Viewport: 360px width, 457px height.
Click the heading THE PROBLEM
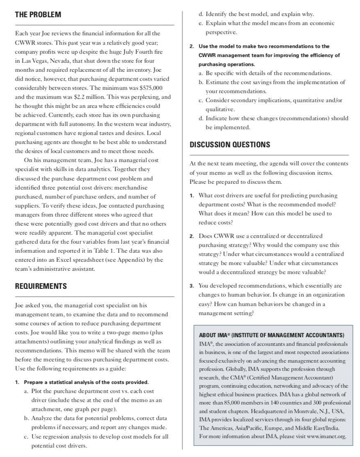(x=38, y=15)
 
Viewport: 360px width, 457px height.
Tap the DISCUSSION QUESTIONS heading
(x=230, y=145)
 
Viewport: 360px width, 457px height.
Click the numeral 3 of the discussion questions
(x=192, y=286)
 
